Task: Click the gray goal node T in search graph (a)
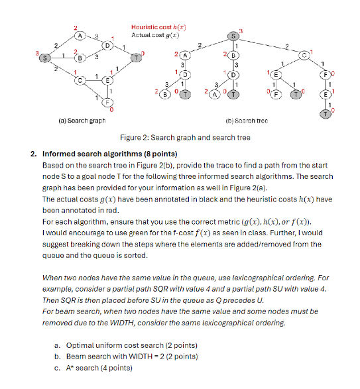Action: [137, 57]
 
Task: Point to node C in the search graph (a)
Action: [81, 80]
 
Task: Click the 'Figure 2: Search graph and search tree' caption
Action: [185, 138]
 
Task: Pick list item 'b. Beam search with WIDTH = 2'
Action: [126, 357]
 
